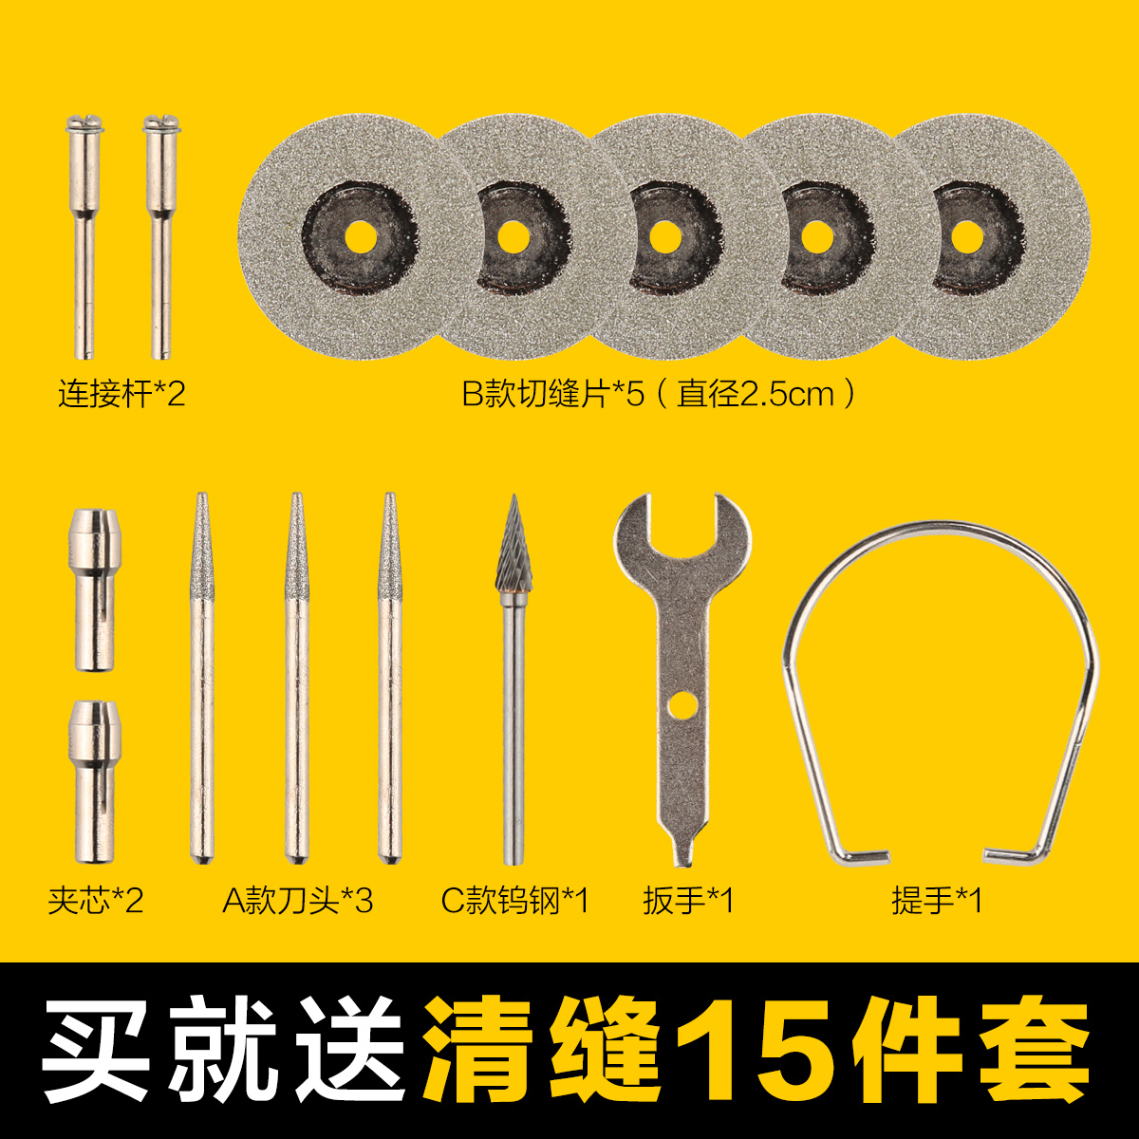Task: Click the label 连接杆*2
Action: pos(121,393)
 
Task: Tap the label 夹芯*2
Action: pos(96,900)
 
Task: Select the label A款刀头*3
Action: pos(298,900)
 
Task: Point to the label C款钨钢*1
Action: pos(515,900)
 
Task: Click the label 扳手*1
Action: pos(688,900)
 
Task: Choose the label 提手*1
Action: pos(937,900)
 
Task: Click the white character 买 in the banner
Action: pos(100,1050)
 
